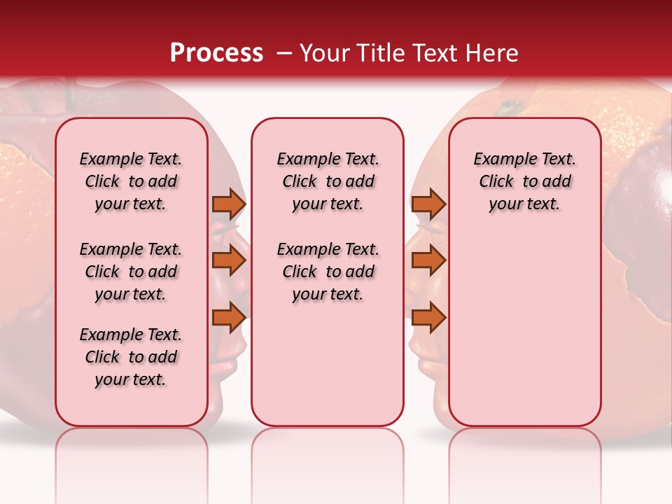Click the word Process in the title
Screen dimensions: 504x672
(x=216, y=53)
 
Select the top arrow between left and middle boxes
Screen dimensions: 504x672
(x=228, y=204)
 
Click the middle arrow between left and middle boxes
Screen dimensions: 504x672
(x=228, y=260)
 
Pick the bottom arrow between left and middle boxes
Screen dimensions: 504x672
(x=228, y=317)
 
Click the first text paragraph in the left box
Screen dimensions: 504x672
(x=131, y=181)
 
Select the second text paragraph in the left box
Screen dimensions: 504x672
(x=131, y=272)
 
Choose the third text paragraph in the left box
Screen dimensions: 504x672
(x=131, y=357)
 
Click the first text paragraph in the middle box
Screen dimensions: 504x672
(x=328, y=181)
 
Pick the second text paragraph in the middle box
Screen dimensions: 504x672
(x=328, y=272)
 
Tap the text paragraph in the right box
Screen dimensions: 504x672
(x=524, y=181)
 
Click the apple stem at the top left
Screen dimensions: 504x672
(x=70, y=94)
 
